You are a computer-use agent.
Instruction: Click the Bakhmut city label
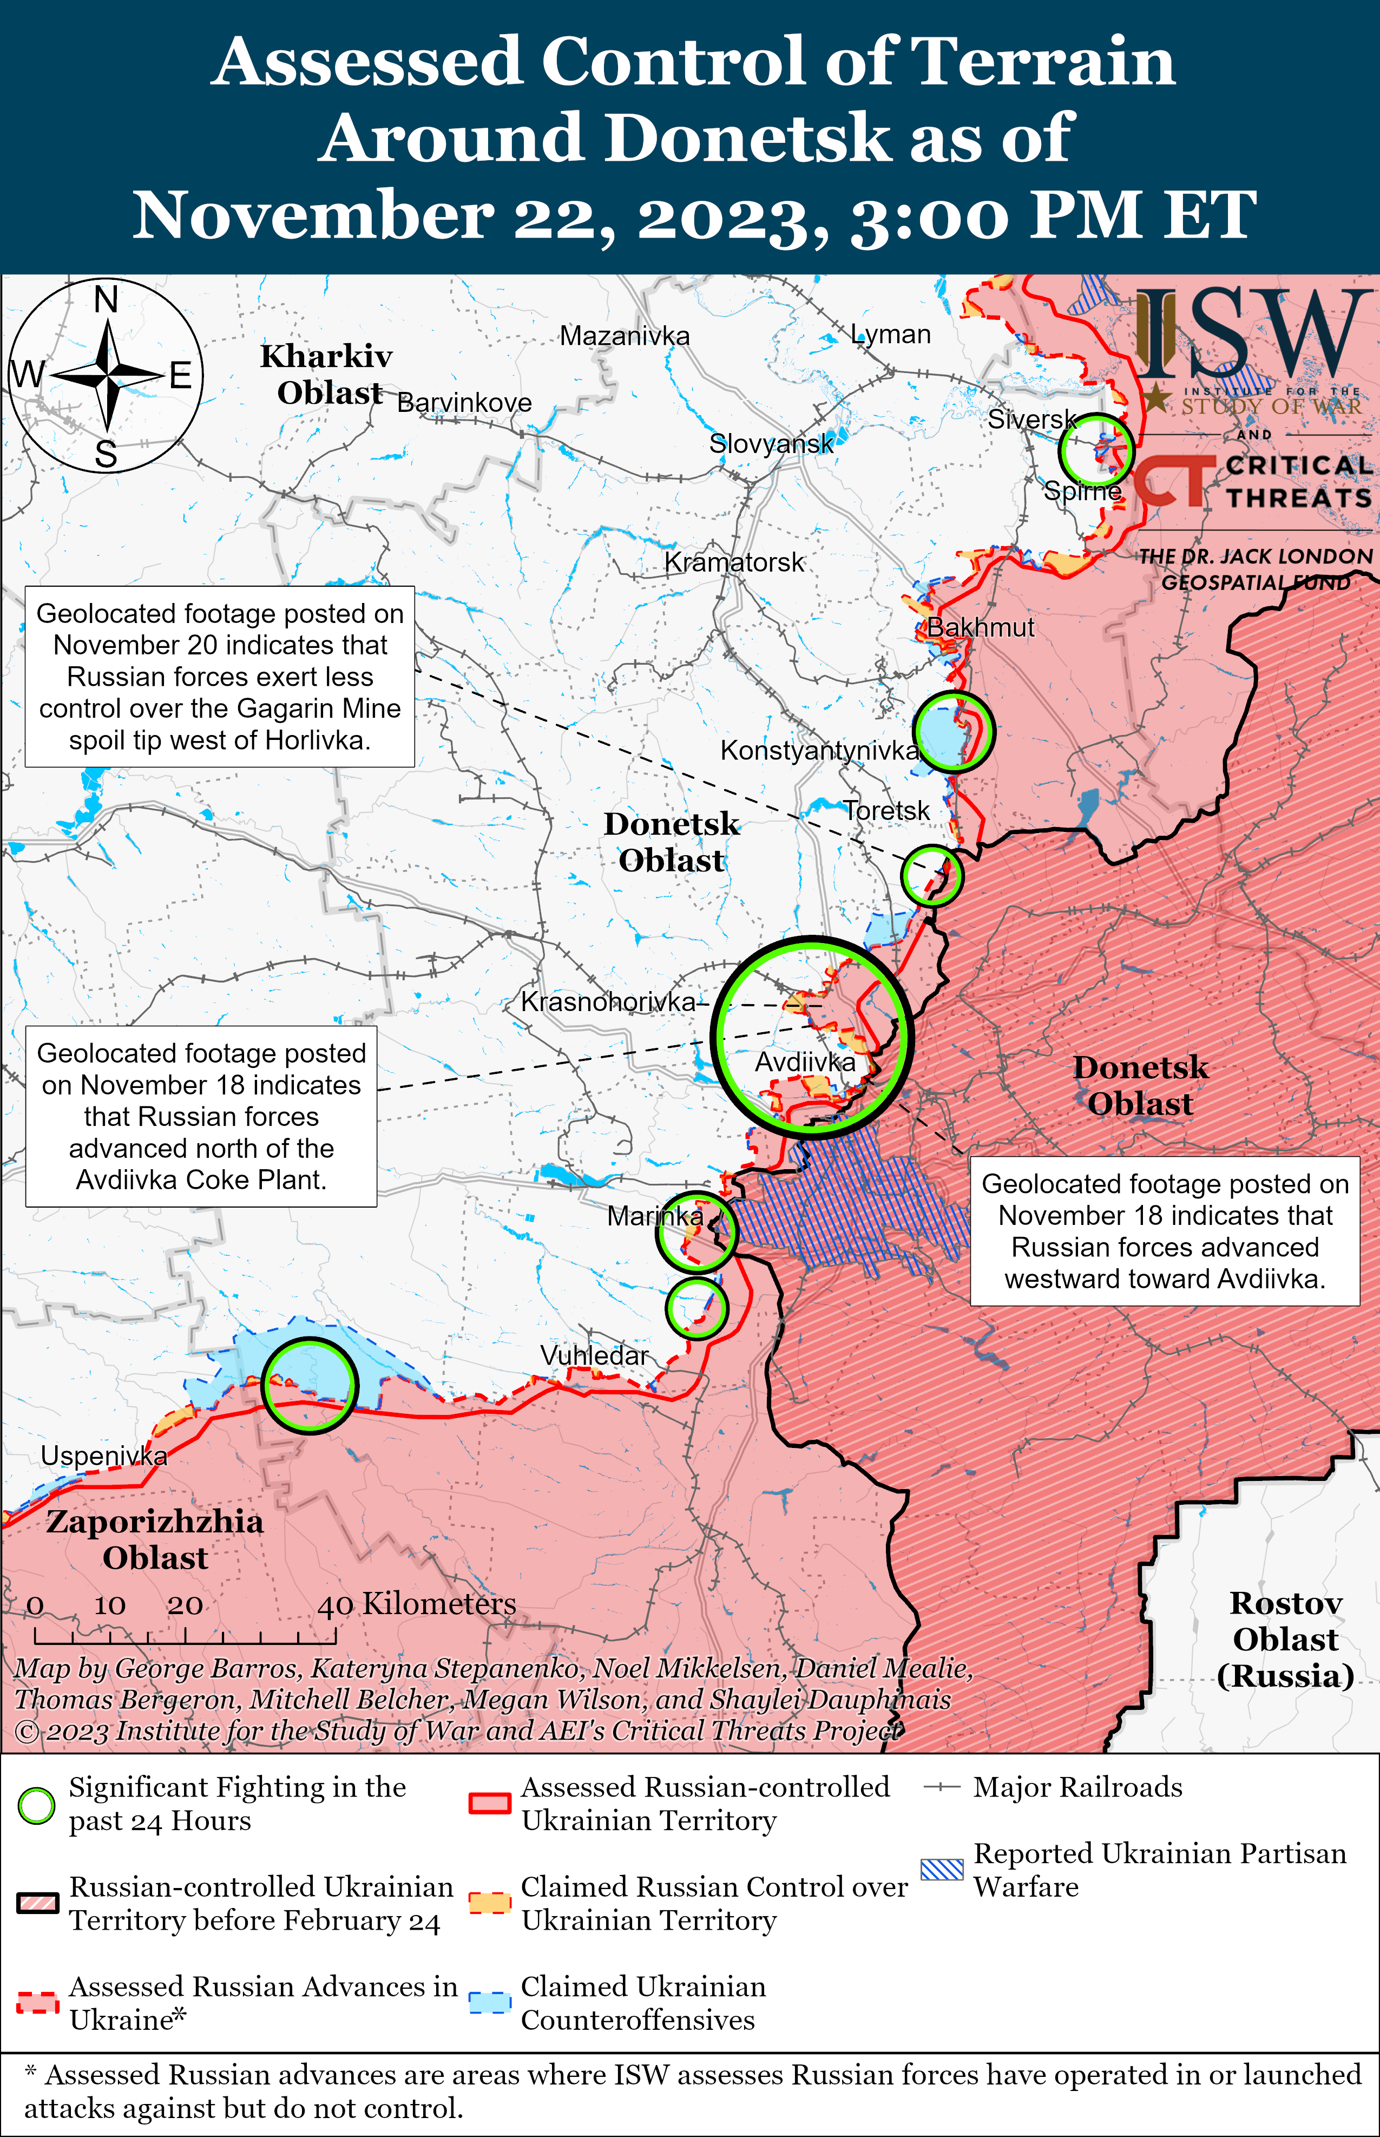pyautogui.click(x=980, y=628)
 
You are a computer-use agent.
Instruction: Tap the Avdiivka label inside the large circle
pyautogui.click(x=805, y=1063)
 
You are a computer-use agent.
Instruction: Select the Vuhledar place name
pyautogui.click(x=594, y=1356)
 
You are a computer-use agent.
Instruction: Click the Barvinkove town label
pyautogui.click(x=464, y=403)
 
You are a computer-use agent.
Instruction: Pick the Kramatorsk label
pyautogui.click(x=734, y=563)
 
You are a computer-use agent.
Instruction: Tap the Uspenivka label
pyautogui.click(x=104, y=1456)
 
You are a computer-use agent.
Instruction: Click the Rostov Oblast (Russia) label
pyautogui.click(x=1285, y=1639)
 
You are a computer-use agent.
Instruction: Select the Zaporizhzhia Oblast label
pyautogui.click(x=155, y=1539)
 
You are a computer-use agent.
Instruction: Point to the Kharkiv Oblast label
pyautogui.click(x=327, y=375)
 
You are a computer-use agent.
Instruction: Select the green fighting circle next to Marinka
pyautogui.click(x=696, y=1232)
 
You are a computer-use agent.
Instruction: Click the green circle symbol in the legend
pyautogui.click(x=37, y=1806)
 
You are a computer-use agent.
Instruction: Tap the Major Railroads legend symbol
pyautogui.click(x=942, y=1787)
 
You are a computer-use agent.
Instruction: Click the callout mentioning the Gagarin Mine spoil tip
pyautogui.click(x=220, y=677)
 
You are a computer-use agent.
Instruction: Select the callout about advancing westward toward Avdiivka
pyautogui.click(x=1165, y=1231)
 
